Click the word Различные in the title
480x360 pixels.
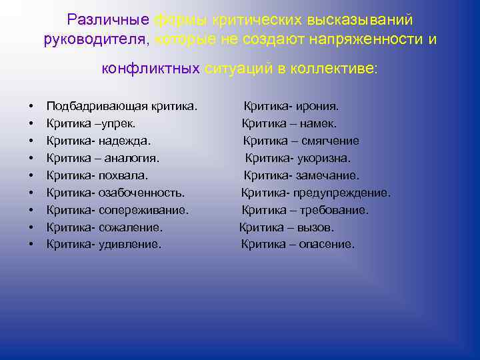point(108,21)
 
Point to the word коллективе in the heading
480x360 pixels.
point(339,68)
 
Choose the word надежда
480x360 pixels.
point(124,141)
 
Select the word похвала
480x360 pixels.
point(123,175)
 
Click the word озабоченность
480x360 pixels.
point(142,193)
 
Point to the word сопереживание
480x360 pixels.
point(143,210)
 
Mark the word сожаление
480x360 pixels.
point(131,227)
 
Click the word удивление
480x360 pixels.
point(130,245)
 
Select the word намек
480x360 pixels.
point(317,123)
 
